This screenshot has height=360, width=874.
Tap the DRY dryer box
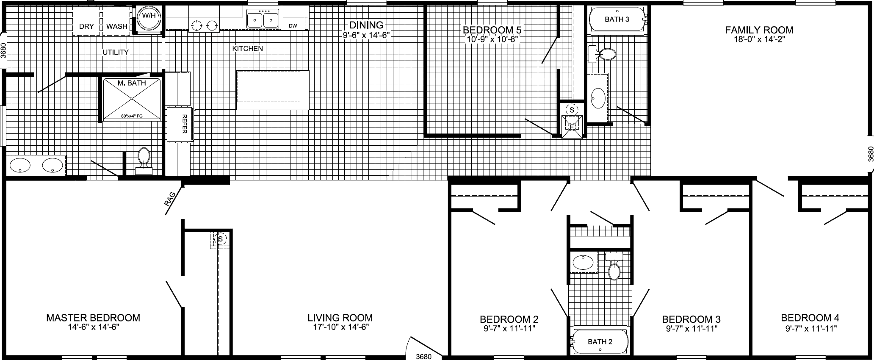[87, 21]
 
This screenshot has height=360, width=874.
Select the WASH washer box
[116, 21]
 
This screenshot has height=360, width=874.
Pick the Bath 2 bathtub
[600, 342]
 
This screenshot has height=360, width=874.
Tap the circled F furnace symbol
[572, 126]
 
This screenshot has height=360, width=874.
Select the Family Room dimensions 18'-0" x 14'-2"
[759, 39]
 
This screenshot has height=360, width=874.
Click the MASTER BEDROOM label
[93, 318]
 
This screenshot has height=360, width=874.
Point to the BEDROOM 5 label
[492, 30]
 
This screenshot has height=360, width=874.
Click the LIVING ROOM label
[340, 318]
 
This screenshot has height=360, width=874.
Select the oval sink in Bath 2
[583, 263]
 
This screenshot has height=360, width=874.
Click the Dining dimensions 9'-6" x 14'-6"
[366, 35]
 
